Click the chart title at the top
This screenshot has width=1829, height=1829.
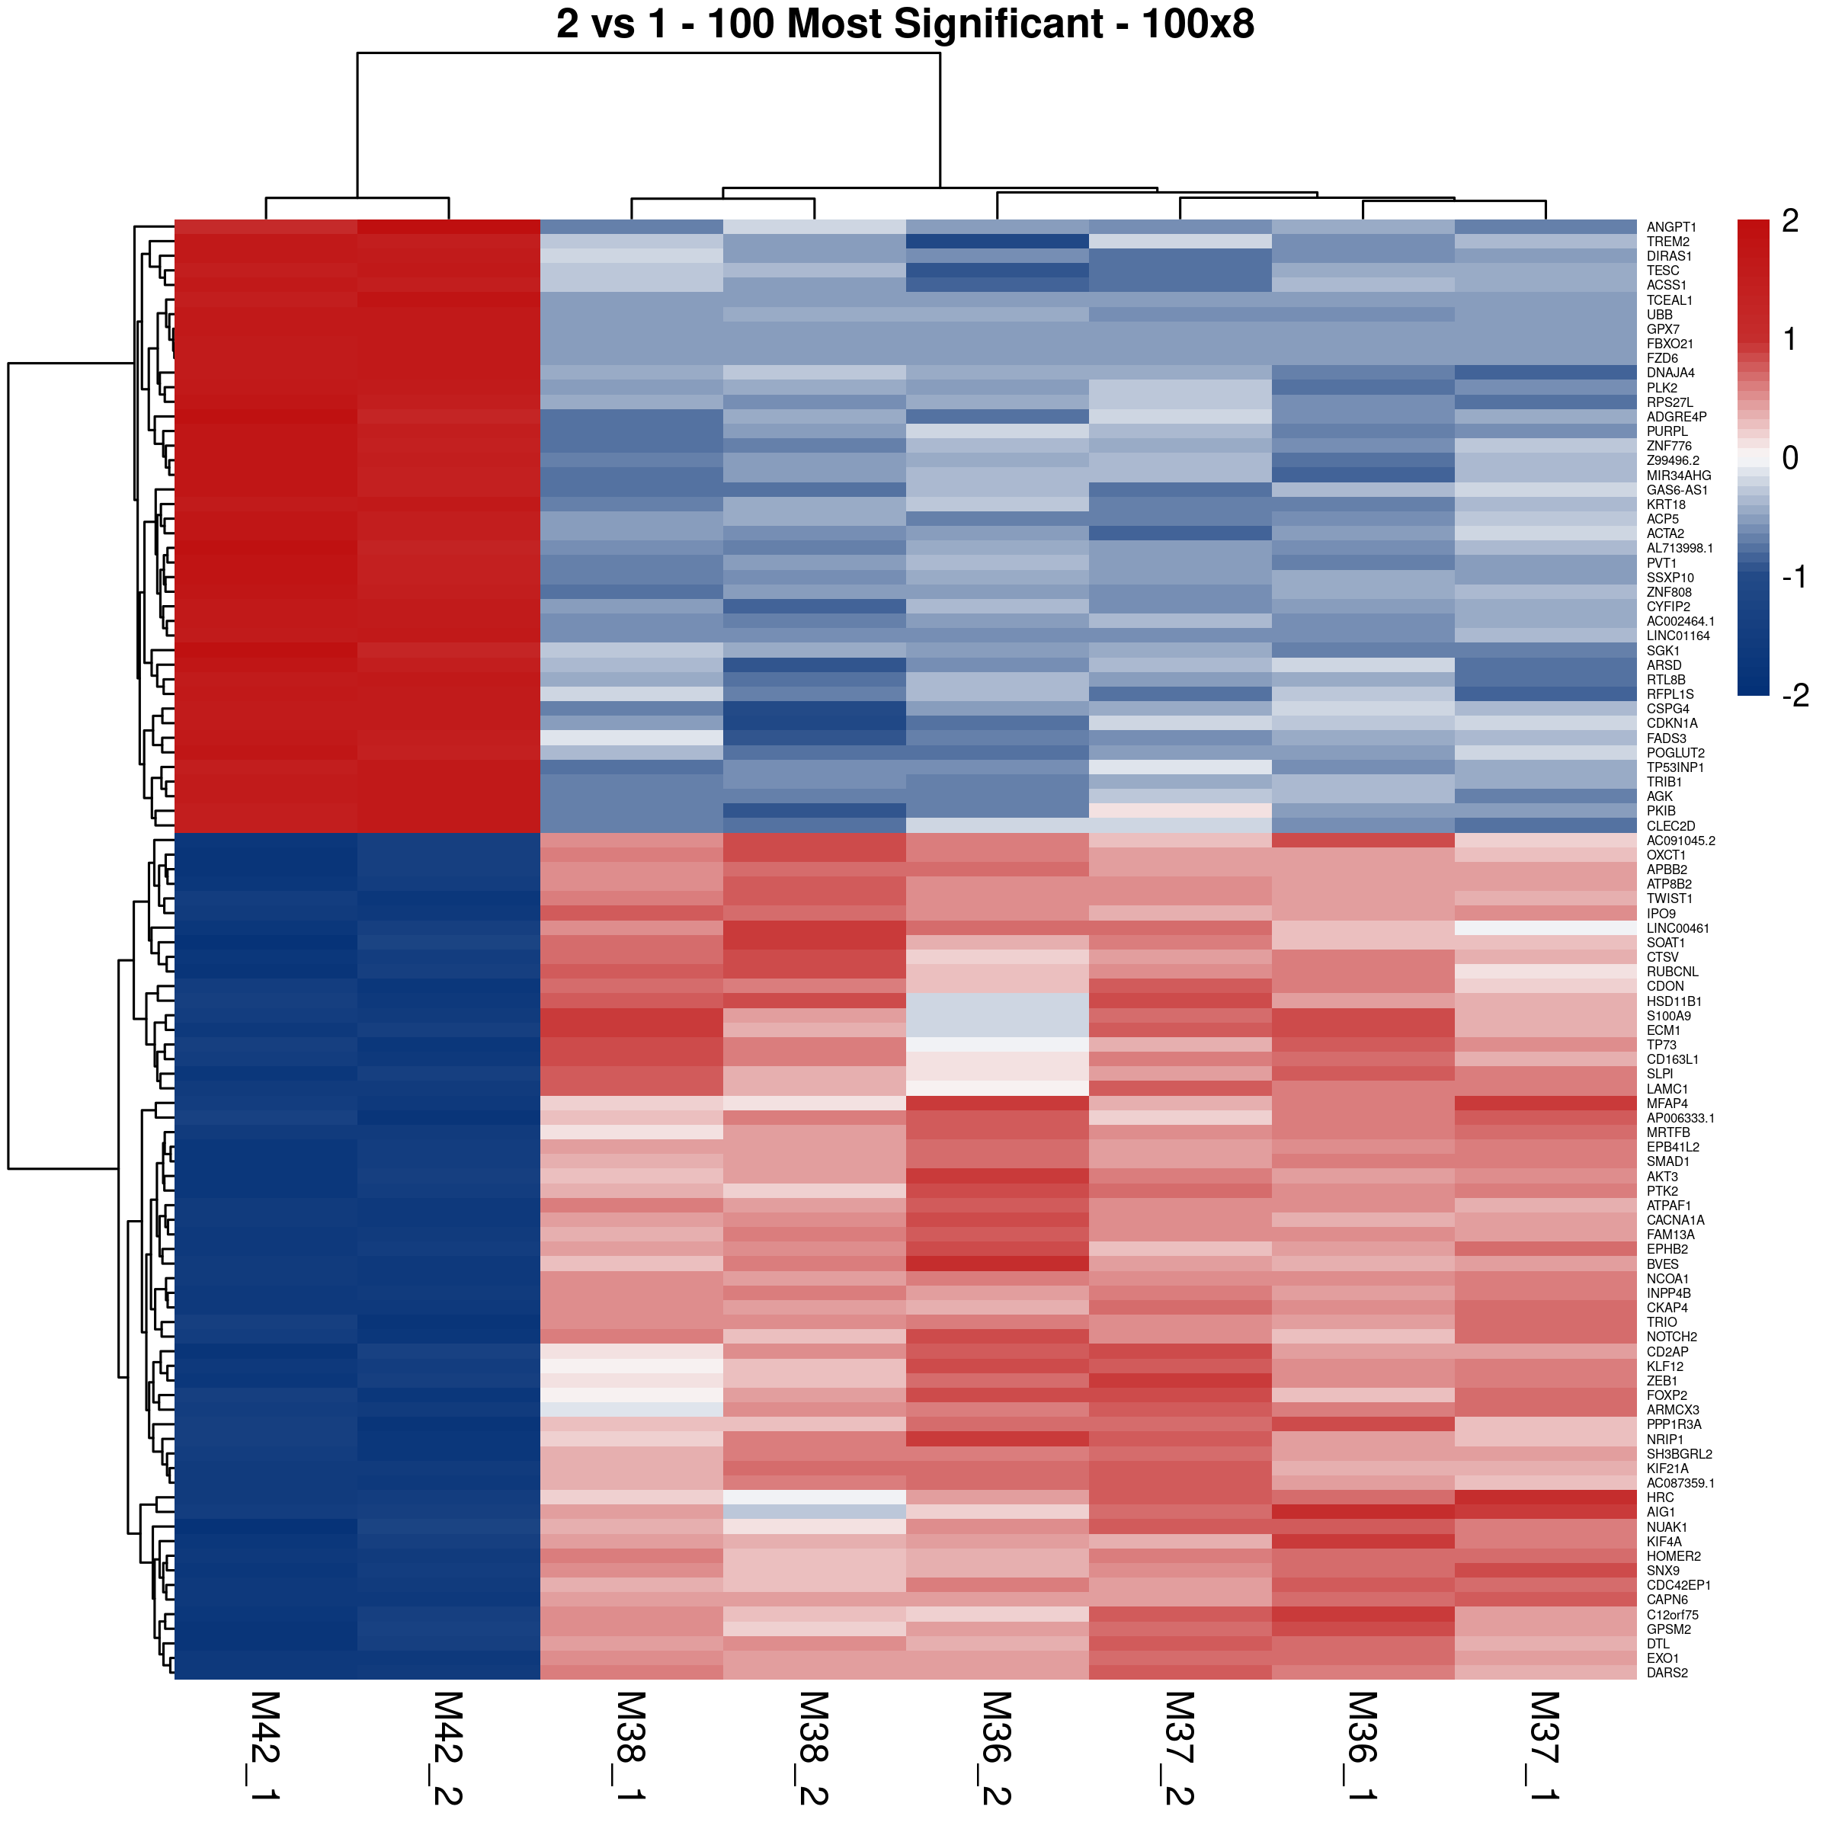905,24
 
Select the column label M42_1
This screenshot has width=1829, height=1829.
266,1747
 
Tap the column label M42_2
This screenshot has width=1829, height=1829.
449,1747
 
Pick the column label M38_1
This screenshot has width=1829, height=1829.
632,1747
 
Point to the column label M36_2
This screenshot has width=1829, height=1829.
997,1747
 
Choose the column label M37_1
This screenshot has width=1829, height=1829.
1545,1747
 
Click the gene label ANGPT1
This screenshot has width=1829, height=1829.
1671,227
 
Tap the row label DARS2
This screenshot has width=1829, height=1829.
1667,1673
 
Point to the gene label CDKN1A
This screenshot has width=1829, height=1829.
1672,723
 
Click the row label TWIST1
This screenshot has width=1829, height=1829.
1670,898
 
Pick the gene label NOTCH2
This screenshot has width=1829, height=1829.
1672,1337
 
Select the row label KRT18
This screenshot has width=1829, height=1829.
1666,504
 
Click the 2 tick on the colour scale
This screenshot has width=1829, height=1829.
1789,220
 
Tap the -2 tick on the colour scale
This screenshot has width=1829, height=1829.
1795,696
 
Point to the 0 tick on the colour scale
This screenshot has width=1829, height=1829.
1789,458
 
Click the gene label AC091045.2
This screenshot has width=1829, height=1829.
1680,841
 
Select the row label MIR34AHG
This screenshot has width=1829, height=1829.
1678,476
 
